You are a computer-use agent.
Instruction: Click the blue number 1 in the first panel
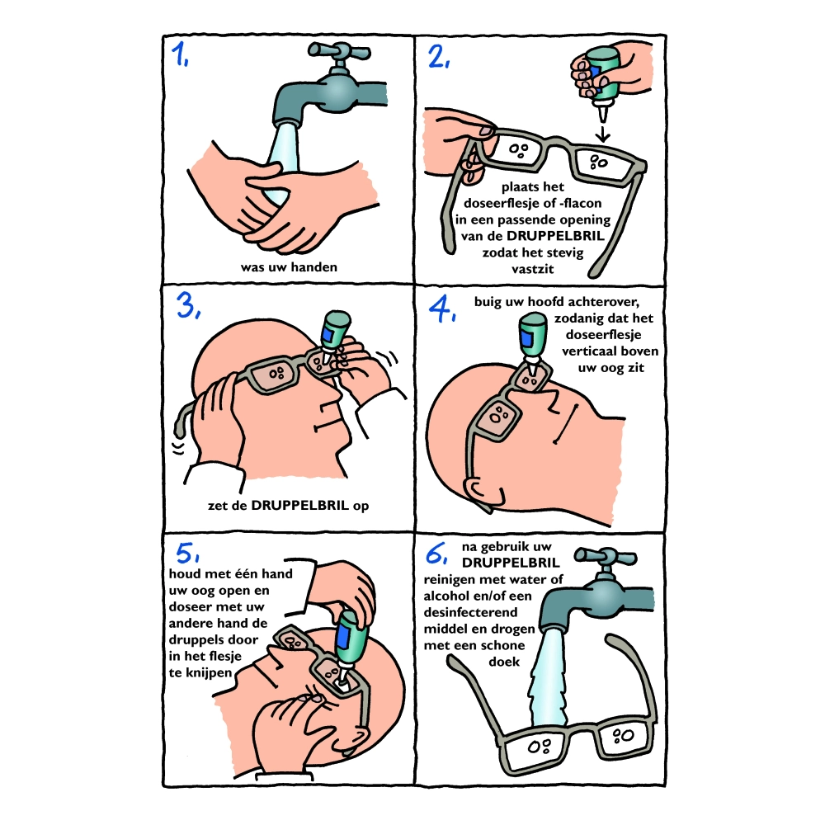tap(179, 54)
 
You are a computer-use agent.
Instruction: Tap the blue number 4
tap(441, 309)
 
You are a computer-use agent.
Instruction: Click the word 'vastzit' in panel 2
tap(532, 269)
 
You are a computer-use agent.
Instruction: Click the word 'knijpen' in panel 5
tap(209, 673)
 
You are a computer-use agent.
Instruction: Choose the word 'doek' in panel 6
tap(504, 662)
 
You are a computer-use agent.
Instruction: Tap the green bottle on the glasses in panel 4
tap(532, 337)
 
